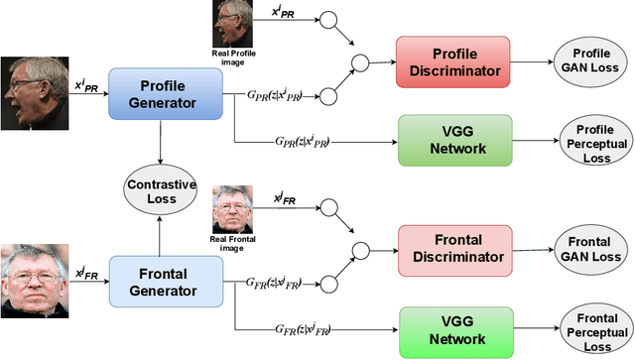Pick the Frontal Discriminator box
click(451, 248)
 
